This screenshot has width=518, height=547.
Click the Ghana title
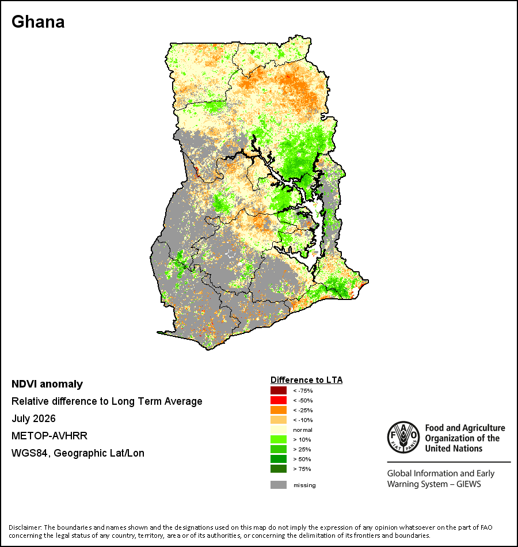coord(38,22)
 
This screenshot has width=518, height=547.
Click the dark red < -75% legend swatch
coord(279,390)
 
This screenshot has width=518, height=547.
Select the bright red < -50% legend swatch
coord(279,400)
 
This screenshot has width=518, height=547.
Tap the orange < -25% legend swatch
coord(279,410)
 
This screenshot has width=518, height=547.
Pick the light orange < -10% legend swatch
coord(279,420)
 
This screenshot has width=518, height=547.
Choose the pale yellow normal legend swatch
coord(279,430)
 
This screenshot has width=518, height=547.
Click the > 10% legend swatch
coord(279,439)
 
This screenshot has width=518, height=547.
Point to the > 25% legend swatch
coord(279,449)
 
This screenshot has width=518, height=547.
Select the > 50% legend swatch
coord(279,459)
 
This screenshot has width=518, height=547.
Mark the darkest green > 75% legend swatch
coord(279,469)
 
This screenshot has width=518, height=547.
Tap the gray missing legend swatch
coord(279,485)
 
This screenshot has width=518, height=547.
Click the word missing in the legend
coord(304,485)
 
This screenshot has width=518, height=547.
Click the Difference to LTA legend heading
coord(306,380)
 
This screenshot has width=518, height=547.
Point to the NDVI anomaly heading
coord(47,384)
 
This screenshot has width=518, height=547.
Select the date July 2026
coord(33,419)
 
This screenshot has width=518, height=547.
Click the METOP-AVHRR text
coord(49,436)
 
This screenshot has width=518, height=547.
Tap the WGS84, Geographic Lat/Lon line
coord(78,453)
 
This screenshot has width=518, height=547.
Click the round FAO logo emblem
coord(403,438)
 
